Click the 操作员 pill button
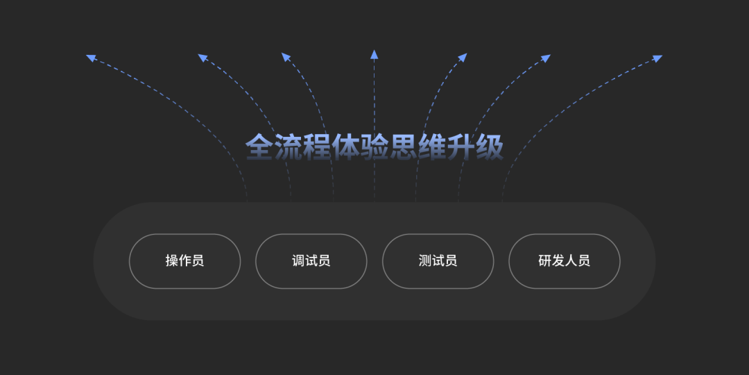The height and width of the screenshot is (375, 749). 185,261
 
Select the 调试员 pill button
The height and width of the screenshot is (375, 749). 311,261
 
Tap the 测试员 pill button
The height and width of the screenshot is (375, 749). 438,261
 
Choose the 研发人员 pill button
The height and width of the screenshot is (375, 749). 564,261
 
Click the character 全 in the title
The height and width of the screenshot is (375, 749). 260,147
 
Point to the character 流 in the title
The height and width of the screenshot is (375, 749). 288,147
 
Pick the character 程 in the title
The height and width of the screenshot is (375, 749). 317,147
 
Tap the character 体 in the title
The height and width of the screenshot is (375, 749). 346,147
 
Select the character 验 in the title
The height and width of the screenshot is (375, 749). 374,147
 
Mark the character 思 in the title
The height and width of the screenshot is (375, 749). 403,147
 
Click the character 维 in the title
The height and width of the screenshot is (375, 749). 432,147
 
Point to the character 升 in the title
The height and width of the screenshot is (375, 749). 460,147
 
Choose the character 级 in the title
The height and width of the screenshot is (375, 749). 489,147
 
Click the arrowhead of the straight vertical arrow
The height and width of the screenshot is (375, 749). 374,54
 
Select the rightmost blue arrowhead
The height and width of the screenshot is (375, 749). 657,58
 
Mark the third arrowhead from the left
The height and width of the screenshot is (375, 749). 286,57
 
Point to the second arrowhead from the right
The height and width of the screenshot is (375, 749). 546,58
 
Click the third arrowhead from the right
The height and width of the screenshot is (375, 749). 463,58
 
